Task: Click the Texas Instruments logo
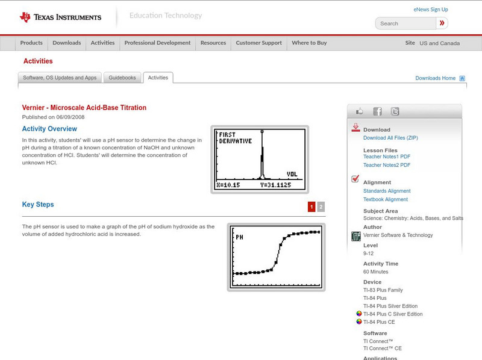[60, 17]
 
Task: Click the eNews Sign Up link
[430, 10]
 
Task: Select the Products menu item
[31, 43]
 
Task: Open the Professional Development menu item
[157, 43]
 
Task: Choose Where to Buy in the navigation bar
[309, 43]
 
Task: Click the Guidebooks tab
[123, 78]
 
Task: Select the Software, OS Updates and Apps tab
[60, 78]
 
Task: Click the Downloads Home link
[436, 78]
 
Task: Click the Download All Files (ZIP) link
[390, 138]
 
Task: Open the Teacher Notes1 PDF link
[387, 157]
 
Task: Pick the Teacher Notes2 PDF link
[387, 165]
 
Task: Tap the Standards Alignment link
[387, 191]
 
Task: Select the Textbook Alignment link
[386, 199]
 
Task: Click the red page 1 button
[311, 207]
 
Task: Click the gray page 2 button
[321, 207]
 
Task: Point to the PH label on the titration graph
[239, 237]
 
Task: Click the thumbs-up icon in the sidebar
[360, 111]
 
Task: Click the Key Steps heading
[38, 205]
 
